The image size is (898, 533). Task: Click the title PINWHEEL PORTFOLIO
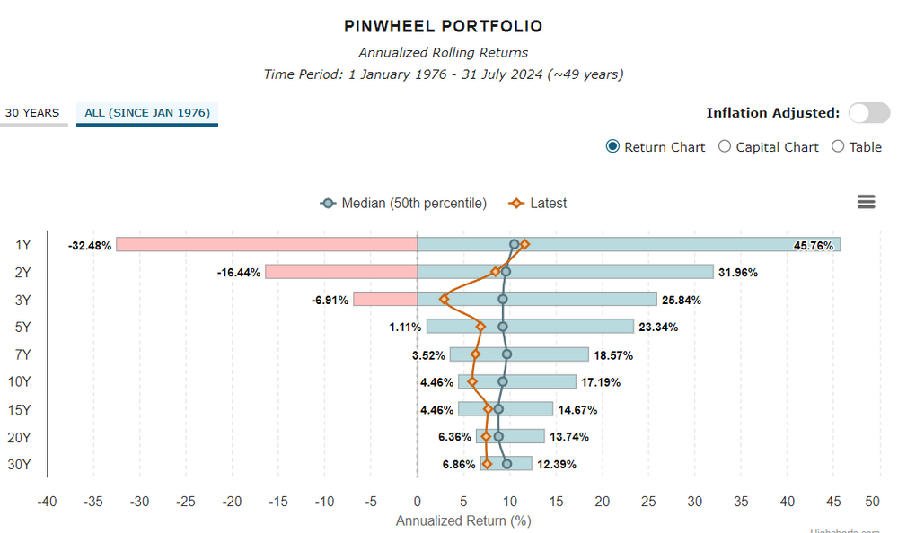pyautogui.click(x=443, y=27)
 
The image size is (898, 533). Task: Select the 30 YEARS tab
pyautogui.click(x=32, y=113)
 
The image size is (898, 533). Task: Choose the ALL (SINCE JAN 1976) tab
pyautogui.click(x=147, y=113)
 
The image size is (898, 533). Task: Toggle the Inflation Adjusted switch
pyautogui.click(x=869, y=112)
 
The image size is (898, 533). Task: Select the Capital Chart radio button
pyautogui.click(x=725, y=147)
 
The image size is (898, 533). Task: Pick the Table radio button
pyautogui.click(x=838, y=147)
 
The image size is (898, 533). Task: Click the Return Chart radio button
pyautogui.click(x=613, y=147)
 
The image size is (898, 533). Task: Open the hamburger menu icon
pyautogui.click(x=866, y=202)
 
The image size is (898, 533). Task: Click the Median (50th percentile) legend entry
pyautogui.click(x=404, y=204)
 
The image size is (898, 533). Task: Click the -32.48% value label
pyautogui.click(x=90, y=245)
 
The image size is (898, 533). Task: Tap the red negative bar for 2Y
pyautogui.click(x=341, y=272)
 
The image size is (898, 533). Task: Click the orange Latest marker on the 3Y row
pyautogui.click(x=444, y=299)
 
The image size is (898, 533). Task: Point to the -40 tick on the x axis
pyautogui.click(x=47, y=501)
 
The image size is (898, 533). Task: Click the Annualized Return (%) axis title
pyautogui.click(x=463, y=520)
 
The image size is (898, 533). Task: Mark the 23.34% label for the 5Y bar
pyautogui.click(x=658, y=328)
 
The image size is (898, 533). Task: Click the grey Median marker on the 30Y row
pyautogui.click(x=506, y=464)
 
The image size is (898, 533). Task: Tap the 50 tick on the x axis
pyautogui.click(x=871, y=501)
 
